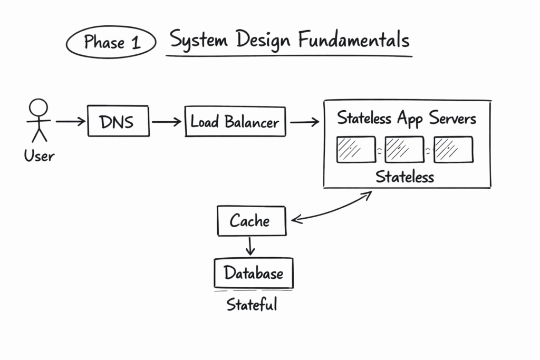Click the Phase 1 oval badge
point(111,43)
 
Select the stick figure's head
point(38,108)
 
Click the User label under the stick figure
point(38,155)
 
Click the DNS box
point(118,122)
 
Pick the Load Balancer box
point(235,122)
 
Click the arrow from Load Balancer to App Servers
point(304,122)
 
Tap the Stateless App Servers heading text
point(407,118)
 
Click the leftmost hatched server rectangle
point(356,149)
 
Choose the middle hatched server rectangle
point(404,149)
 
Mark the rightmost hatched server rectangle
point(453,149)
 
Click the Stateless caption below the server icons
point(404,177)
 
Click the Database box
point(253,273)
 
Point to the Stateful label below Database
point(252,305)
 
